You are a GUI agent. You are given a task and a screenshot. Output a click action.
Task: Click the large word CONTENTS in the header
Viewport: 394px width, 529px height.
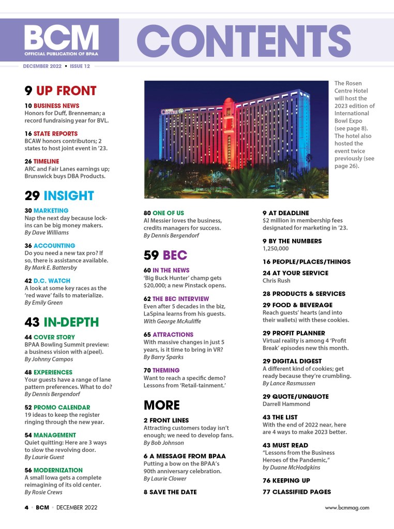(243, 40)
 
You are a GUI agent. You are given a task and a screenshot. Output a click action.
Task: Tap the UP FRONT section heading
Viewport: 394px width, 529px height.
(66, 91)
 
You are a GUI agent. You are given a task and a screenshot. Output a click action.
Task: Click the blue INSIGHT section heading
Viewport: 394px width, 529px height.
(69, 195)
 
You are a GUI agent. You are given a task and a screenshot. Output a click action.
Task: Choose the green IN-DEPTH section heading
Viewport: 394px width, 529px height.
(71, 322)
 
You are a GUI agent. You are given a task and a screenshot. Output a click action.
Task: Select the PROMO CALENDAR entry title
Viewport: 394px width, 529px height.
(62, 407)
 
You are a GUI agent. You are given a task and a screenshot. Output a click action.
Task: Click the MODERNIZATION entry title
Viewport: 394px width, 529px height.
(58, 470)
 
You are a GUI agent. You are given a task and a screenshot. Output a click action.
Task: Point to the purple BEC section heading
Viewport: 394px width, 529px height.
(175, 255)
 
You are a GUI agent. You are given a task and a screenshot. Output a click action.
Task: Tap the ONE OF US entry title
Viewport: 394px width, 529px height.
(168, 213)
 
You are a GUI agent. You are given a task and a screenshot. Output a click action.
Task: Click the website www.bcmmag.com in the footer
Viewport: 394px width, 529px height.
(347, 508)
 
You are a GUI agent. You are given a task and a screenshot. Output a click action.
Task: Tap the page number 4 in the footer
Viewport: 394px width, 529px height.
(26, 508)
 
